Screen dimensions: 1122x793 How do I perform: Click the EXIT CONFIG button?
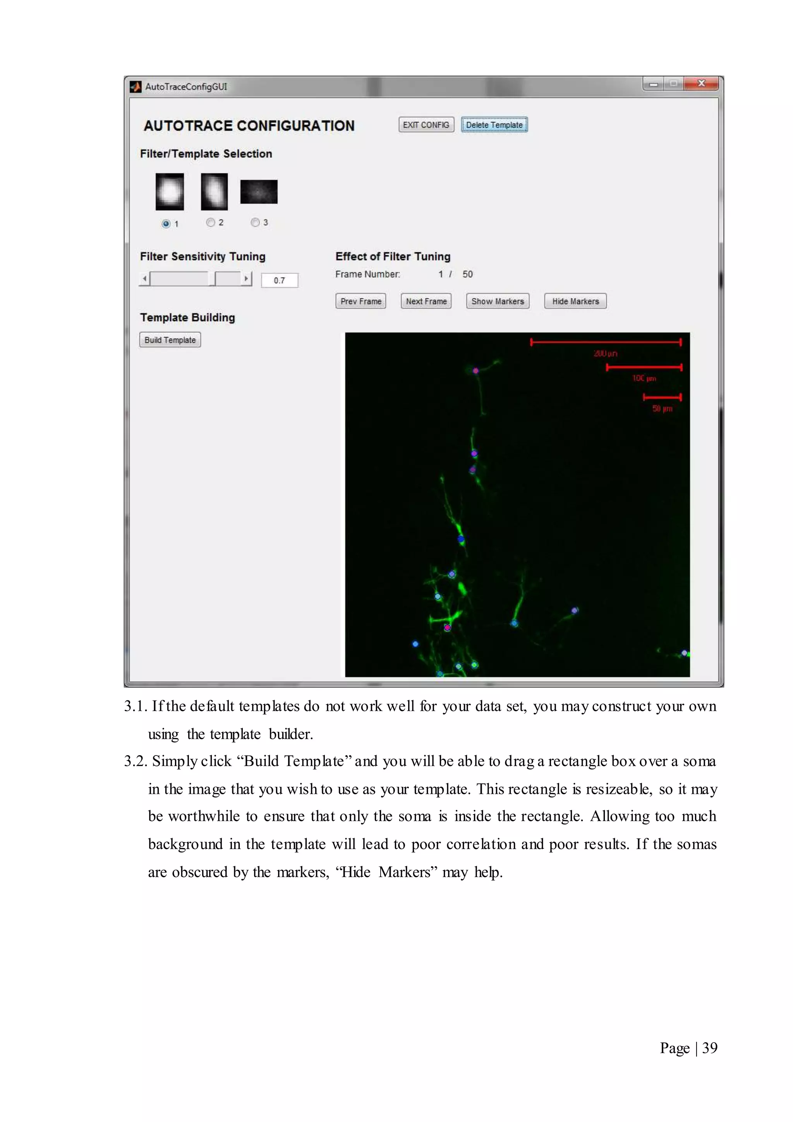pyautogui.click(x=426, y=125)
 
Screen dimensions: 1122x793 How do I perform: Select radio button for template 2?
pyautogui.click(x=211, y=222)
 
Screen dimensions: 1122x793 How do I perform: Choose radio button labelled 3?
pyautogui.click(x=255, y=222)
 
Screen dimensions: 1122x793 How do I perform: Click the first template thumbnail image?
pyautogui.click(x=170, y=191)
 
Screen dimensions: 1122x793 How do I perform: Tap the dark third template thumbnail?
pyautogui.click(x=259, y=191)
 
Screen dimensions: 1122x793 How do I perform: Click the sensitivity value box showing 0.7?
pyautogui.click(x=279, y=280)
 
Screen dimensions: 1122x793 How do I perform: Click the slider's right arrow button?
pyautogui.click(x=246, y=279)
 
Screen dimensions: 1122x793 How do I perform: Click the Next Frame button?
pyautogui.click(x=426, y=301)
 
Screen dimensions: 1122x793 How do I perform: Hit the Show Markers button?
pyautogui.click(x=498, y=301)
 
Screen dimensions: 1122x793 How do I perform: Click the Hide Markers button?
pyautogui.click(x=575, y=301)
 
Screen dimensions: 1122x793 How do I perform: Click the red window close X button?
pyautogui.click(x=701, y=84)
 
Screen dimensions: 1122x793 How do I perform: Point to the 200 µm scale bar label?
pyautogui.click(x=606, y=353)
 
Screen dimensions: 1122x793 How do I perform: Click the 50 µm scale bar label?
pyautogui.click(x=662, y=408)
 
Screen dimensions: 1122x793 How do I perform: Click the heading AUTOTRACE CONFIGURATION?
pyautogui.click(x=249, y=126)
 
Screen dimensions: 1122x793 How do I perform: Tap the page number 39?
pyautogui.click(x=709, y=1048)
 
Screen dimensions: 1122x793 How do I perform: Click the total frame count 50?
pyautogui.click(x=467, y=274)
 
